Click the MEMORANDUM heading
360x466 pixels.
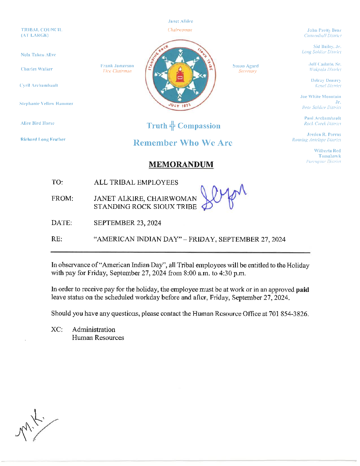click(x=181, y=164)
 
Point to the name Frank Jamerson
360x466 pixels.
click(x=117, y=66)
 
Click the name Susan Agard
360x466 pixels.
click(x=246, y=66)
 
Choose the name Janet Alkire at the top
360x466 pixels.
click(x=180, y=21)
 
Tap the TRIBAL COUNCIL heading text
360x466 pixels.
click(x=41, y=30)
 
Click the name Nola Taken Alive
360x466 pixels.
click(x=38, y=55)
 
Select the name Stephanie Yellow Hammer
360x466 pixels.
click(x=46, y=104)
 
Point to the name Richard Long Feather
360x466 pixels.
click(x=43, y=139)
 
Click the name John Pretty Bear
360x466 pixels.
click(x=324, y=30)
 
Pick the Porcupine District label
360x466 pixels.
click(x=323, y=162)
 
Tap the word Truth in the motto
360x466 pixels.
click(x=157, y=126)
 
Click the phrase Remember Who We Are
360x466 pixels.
click(x=183, y=143)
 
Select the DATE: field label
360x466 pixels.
click(x=62, y=223)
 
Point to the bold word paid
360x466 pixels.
click(x=302, y=290)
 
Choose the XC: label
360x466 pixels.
click(x=57, y=329)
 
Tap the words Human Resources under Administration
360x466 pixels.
click(x=98, y=338)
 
